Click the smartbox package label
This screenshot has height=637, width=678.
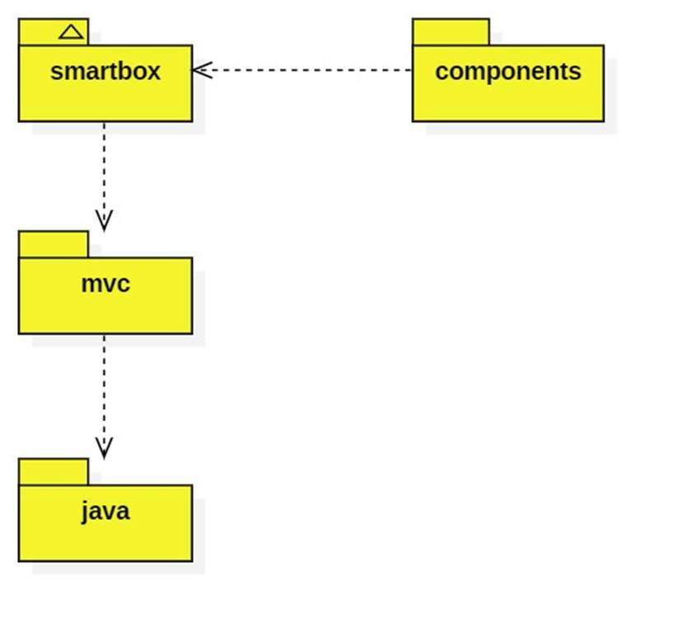point(105,72)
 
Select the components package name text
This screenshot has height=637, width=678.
point(507,72)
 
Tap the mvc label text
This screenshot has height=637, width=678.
point(105,284)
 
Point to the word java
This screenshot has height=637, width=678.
point(105,512)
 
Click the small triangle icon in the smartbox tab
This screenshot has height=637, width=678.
point(72,32)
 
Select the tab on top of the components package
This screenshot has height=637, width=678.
point(451,32)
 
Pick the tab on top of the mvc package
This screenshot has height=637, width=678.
point(53,244)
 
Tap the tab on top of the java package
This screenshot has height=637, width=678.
point(53,471)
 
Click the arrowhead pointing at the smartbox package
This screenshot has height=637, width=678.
point(202,70)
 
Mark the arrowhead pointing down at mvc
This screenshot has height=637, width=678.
point(104,220)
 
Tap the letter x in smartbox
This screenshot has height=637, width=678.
point(154,72)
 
